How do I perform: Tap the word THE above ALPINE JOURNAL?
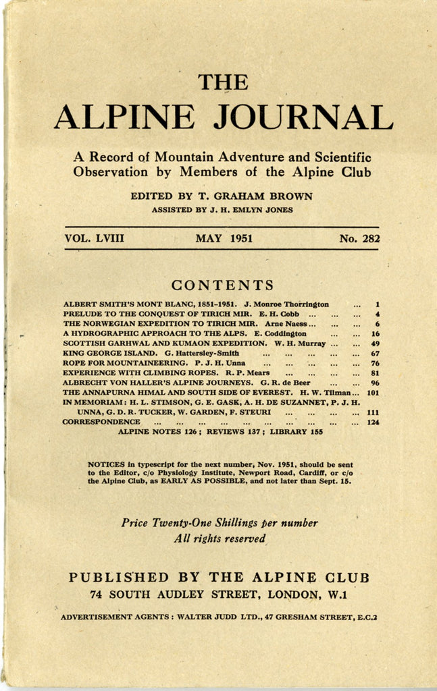click(x=223, y=82)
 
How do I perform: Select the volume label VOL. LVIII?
click(x=95, y=238)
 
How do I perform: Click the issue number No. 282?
click(x=359, y=238)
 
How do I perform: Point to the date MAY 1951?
click(x=224, y=238)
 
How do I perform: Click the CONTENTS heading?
click(x=222, y=285)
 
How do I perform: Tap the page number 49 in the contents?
click(x=375, y=343)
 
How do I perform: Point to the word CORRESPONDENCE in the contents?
click(x=101, y=422)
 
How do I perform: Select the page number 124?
click(x=373, y=422)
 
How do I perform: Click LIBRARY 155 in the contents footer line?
click(x=297, y=432)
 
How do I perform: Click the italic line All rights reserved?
click(x=219, y=538)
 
